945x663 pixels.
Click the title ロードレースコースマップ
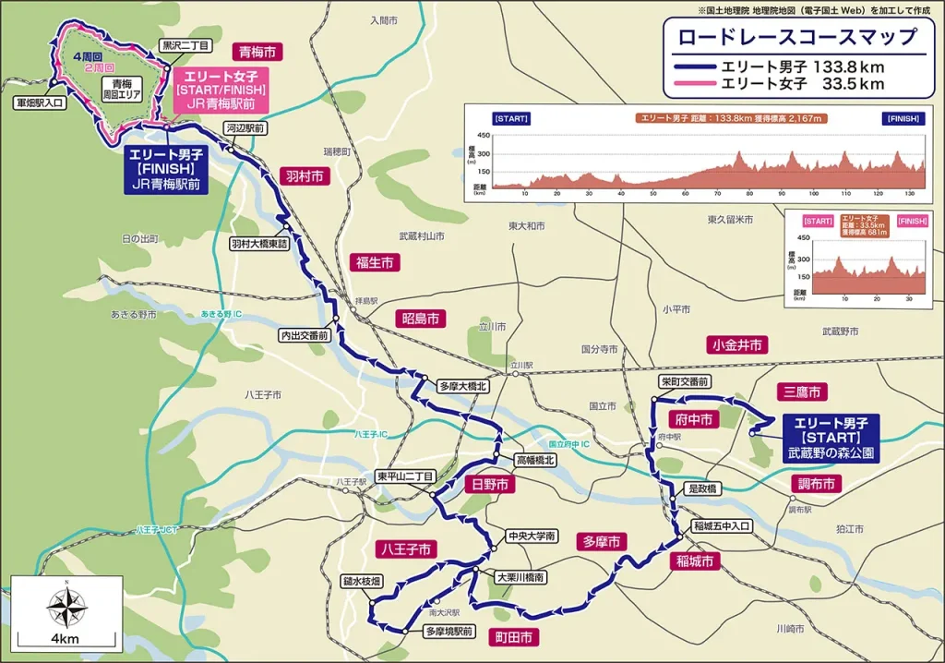point(796,37)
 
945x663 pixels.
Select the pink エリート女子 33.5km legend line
point(694,84)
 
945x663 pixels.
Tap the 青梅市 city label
point(257,53)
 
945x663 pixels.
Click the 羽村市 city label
point(303,175)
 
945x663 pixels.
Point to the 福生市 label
point(375,263)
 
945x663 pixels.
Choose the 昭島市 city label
point(421,319)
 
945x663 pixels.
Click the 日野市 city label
point(489,484)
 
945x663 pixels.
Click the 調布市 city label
point(816,484)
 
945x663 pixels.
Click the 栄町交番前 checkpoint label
point(685,381)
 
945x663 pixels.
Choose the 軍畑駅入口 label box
point(40,105)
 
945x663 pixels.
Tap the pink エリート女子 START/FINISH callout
point(220,90)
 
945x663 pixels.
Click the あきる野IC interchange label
point(221,315)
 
